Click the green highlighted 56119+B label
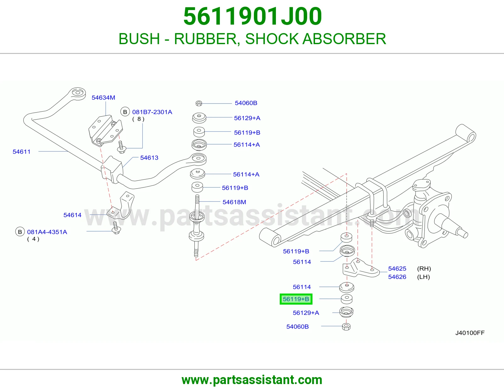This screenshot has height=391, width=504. pyautogui.click(x=296, y=299)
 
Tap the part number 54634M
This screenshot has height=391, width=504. pyautogui.click(x=103, y=97)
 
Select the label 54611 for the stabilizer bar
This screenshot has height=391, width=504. pyautogui.click(x=21, y=152)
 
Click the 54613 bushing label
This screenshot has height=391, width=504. pyautogui.click(x=149, y=158)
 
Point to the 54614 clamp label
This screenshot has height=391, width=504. pyautogui.click(x=72, y=215)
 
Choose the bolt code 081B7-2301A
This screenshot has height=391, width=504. pyautogui.click(x=152, y=112)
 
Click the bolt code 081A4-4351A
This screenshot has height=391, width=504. pyautogui.click(x=47, y=232)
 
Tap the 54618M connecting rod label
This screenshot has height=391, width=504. pyautogui.click(x=234, y=202)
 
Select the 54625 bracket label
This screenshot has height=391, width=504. pyautogui.click(x=397, y=268)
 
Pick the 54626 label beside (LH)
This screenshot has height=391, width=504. pyautogui.click(x=397, y=277)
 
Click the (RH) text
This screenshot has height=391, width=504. pyautogui.click(x=424, y=268)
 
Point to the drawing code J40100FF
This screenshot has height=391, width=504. pyautogui.click(x=470, y=333)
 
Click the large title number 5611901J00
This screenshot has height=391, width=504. pyautogui.click(x=253, y=16)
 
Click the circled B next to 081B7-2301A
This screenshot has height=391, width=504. pyautogui.click(x=125, y=112)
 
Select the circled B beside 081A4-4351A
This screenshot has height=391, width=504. pyautogui.click(x=20, y=232)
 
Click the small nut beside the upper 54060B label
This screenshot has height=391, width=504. pyautogui.click(x=199, y=103)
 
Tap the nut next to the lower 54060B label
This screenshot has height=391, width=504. pyautogui.click(x=346, y=327)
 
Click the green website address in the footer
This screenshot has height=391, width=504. pyautogui.click(x=252, y=380)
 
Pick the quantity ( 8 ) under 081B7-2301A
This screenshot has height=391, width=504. pyautogui.click(x=138, y=119)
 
